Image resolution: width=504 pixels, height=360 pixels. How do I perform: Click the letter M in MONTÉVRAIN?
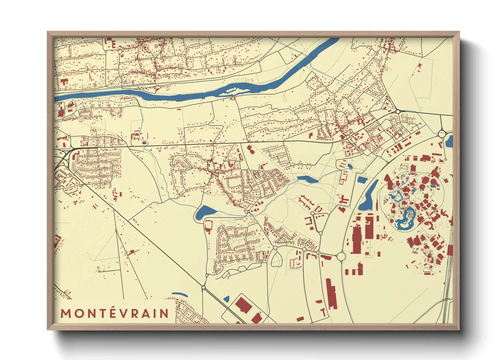[66, 313]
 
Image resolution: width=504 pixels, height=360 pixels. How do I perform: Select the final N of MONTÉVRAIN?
[164, 313]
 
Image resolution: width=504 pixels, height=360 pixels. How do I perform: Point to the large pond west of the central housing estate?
[205, 212]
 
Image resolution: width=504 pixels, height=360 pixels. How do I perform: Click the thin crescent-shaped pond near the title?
[179, 294]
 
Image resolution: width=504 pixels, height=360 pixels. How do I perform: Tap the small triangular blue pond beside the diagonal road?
[226, 299]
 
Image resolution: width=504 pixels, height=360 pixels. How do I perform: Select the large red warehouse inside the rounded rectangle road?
[243, 305]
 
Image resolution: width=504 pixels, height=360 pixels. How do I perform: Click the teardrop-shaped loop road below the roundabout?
[276, 259]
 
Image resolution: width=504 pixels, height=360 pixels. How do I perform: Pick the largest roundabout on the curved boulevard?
[341, 256]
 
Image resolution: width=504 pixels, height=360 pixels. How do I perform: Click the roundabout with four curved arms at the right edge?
[442, 134]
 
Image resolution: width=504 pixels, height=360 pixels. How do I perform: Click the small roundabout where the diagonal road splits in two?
[204, 288]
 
